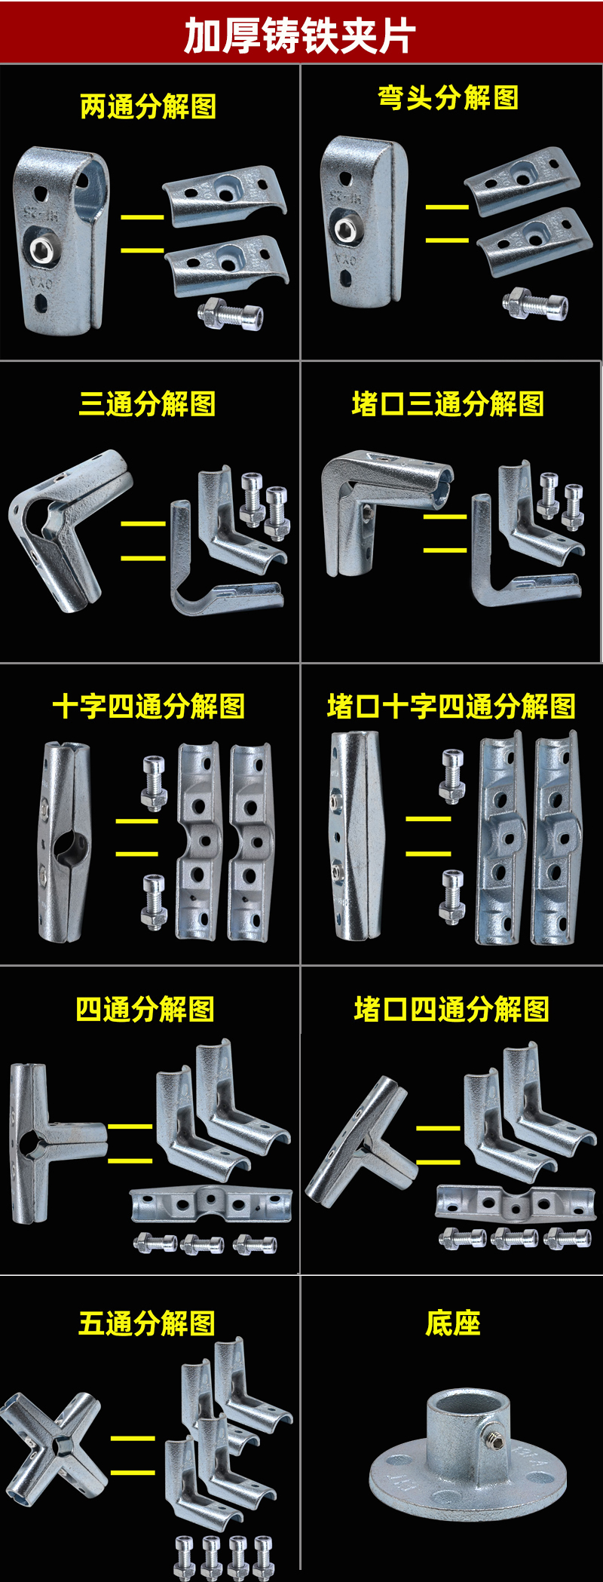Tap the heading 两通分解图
(x=148, y=106)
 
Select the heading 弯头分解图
(x=448, y=97)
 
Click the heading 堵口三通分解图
(x=448, y=404)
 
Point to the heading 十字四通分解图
(x=148, y=707)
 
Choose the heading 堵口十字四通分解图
(x=451, y=707)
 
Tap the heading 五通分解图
(x=147, y=1323)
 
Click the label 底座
(x=452, y=1323)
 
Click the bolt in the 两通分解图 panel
(x=231, y=313)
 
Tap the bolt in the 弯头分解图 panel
(x=535, y=304)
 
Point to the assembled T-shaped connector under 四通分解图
(x=49, y=1142)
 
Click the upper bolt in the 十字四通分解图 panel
(x=153, y=780)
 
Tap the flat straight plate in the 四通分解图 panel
(x=210, y=1204)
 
